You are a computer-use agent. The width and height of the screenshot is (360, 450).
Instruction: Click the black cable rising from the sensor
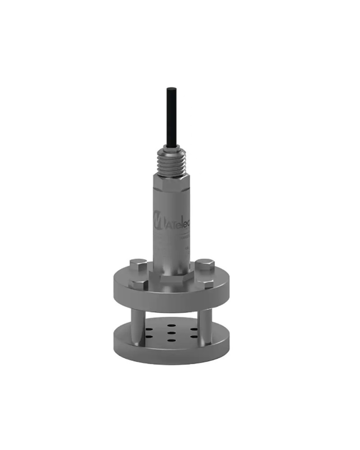[171, 117]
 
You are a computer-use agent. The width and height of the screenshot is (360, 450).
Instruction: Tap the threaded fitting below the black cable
[171, 160]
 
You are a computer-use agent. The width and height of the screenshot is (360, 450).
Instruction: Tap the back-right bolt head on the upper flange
[205, 264]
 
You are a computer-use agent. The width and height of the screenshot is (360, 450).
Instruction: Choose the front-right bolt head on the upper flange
[206, 283]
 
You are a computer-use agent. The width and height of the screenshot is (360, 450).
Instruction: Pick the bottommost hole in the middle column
[171, 340]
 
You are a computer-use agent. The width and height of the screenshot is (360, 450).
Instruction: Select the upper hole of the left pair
[148, 328]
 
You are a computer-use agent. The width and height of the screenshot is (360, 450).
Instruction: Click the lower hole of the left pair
[149, 336]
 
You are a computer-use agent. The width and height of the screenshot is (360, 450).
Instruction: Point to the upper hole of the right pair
[193, 328]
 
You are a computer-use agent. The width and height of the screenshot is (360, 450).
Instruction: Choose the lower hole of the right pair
[193, 336]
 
